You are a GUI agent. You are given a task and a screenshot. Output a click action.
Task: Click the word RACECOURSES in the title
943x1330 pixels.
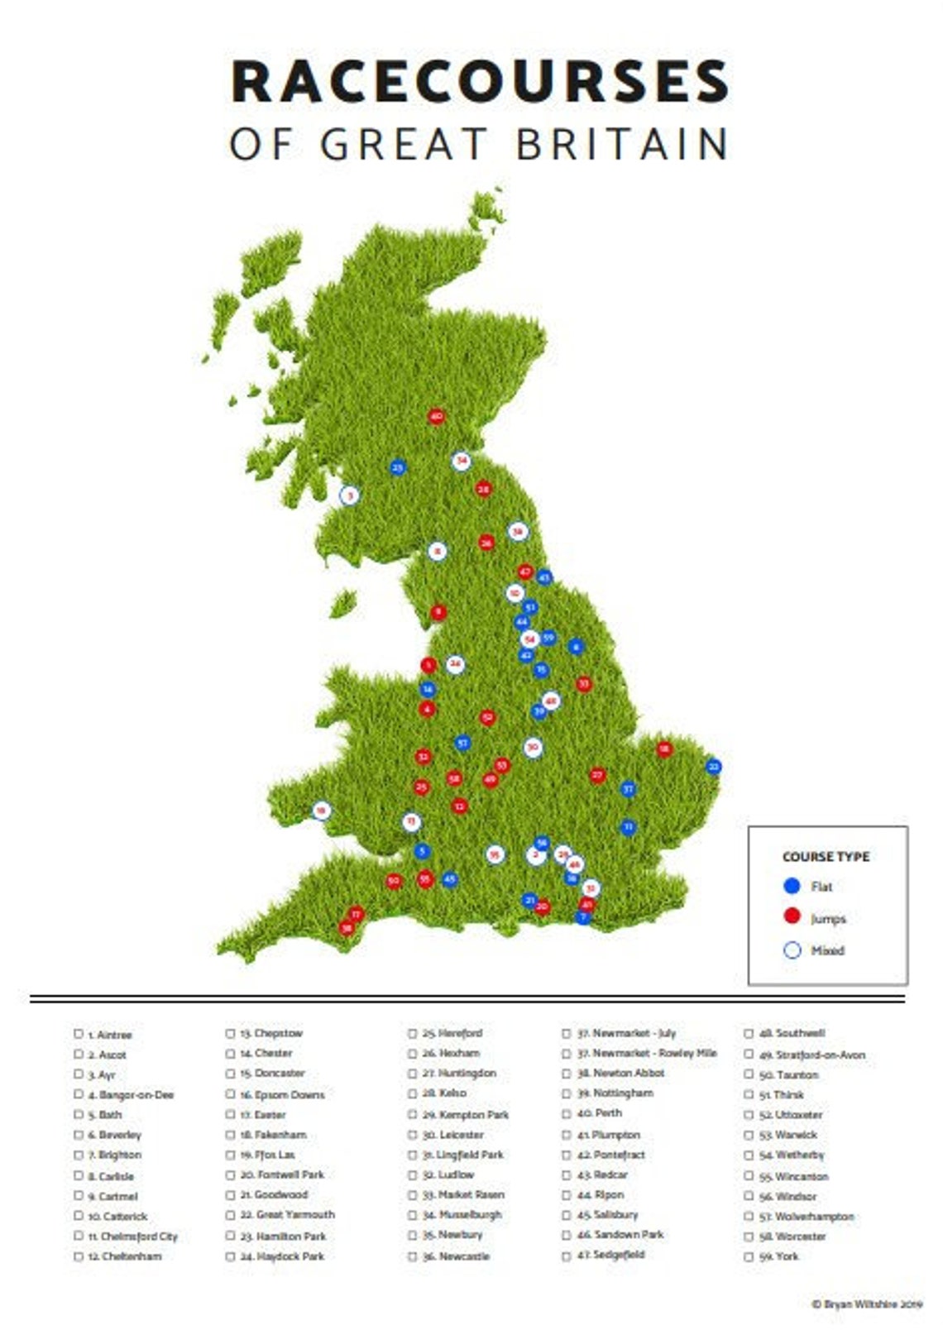(x=479, y=82)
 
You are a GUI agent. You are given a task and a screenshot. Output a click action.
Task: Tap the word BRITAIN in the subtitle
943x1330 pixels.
(x=621, y=144)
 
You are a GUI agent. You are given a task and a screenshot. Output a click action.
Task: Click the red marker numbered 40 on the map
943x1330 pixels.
(x=436, y=417)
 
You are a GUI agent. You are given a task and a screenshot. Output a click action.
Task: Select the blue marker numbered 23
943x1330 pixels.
(x=398, y=467)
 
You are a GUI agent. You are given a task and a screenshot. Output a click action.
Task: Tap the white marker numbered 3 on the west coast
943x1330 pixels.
(x=350, y=495)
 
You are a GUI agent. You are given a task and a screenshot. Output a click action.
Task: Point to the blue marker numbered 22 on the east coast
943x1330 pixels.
(x=714, y=767)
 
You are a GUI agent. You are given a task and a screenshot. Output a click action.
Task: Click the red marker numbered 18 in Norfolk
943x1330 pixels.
(x=663, y=749)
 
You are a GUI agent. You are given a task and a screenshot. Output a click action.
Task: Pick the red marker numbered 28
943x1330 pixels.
(x=483, y=490)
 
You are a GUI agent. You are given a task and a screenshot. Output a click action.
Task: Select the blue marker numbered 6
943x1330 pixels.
(x=576, y=647)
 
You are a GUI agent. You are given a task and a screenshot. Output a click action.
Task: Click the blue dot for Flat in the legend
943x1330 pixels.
(x=792, y=886)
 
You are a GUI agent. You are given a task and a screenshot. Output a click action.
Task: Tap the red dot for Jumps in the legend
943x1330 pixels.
(x=792, y=916)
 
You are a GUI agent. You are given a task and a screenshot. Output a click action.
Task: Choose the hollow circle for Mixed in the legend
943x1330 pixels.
(x=792, y=950)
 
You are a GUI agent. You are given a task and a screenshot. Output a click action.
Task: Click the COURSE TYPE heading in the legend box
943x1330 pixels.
(x=826, y=857)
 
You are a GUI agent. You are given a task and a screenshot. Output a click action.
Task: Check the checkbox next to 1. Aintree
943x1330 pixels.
(x=79, y=1034)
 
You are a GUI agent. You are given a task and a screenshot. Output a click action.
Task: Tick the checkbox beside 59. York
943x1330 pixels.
(x=749, y=1256)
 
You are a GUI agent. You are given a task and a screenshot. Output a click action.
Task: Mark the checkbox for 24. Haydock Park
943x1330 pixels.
(x=230, y=1256)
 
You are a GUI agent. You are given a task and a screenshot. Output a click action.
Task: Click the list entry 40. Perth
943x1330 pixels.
(x=600, y=1113)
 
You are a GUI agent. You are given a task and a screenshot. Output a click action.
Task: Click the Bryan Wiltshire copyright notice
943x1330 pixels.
(x=866, y=1304)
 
